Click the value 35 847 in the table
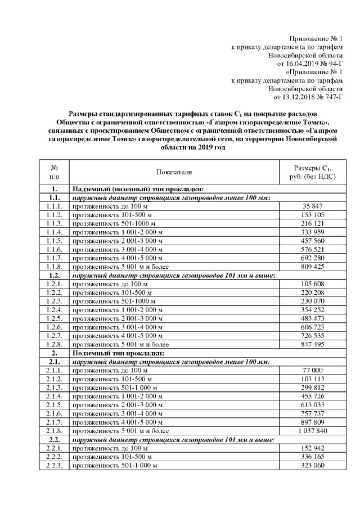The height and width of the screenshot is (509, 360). click(311, 207)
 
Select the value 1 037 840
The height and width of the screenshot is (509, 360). click(311, 431)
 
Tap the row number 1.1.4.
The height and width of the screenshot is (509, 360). click(54, 232)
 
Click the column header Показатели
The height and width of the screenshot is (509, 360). click(174, 172)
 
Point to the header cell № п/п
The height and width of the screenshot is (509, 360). click(54, 172)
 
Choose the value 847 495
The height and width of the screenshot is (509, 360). click(311, 344)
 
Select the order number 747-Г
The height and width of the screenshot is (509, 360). click(328, 97)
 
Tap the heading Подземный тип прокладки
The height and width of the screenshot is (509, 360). click(116, 353)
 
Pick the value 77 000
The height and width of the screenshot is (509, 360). click(311, 370)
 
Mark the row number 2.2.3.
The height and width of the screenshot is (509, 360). click(54, 466)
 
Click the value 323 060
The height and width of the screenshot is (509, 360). click(311, 466)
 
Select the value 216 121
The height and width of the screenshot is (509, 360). click(311, 223)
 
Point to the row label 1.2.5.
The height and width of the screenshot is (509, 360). click(54, 318)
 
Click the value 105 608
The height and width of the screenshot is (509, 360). click(311, 285)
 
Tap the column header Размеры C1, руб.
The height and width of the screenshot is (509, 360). click(311, 172)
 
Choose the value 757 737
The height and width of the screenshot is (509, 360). click(311, 413)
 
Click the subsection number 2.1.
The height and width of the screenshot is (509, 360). click(54, 361)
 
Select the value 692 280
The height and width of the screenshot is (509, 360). click(311, 258)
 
